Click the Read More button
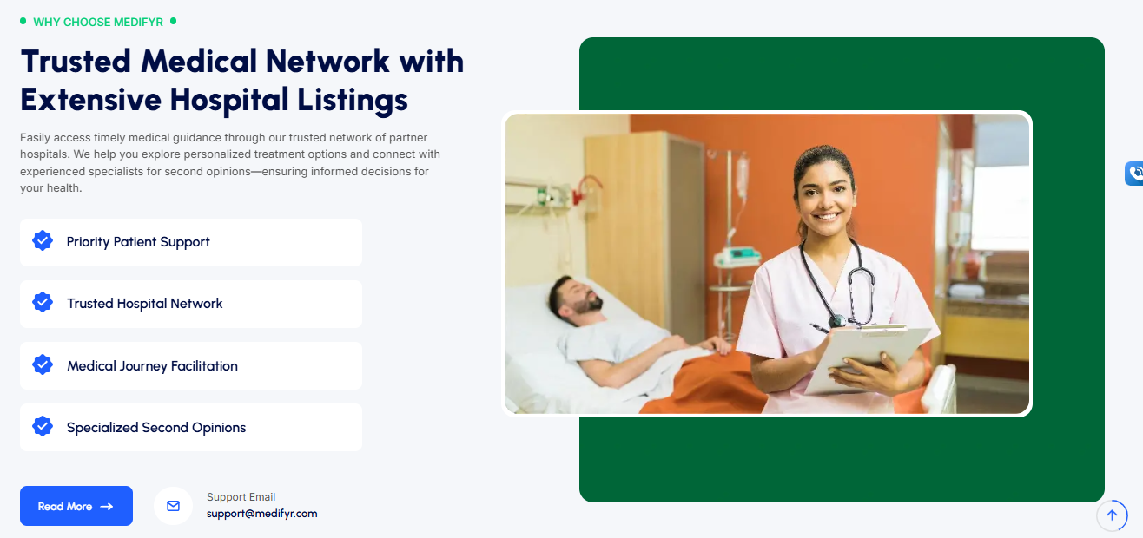[76, 506]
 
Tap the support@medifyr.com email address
[261, 514]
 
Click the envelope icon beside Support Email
[174, 506]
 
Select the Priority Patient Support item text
[138, 242]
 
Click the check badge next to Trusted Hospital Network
[43, 302]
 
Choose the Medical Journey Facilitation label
[152, 366]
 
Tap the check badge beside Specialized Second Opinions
[43, 426]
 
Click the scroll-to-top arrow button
[1112, 515]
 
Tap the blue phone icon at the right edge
[1134, 174]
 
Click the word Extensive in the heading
[91, 99]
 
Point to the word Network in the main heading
[327, 62]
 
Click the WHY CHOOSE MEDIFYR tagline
[98, 22]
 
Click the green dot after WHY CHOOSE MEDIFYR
[174, 21]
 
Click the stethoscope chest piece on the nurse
[837, 321]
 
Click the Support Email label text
[241, 497]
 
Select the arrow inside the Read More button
[107, 507]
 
